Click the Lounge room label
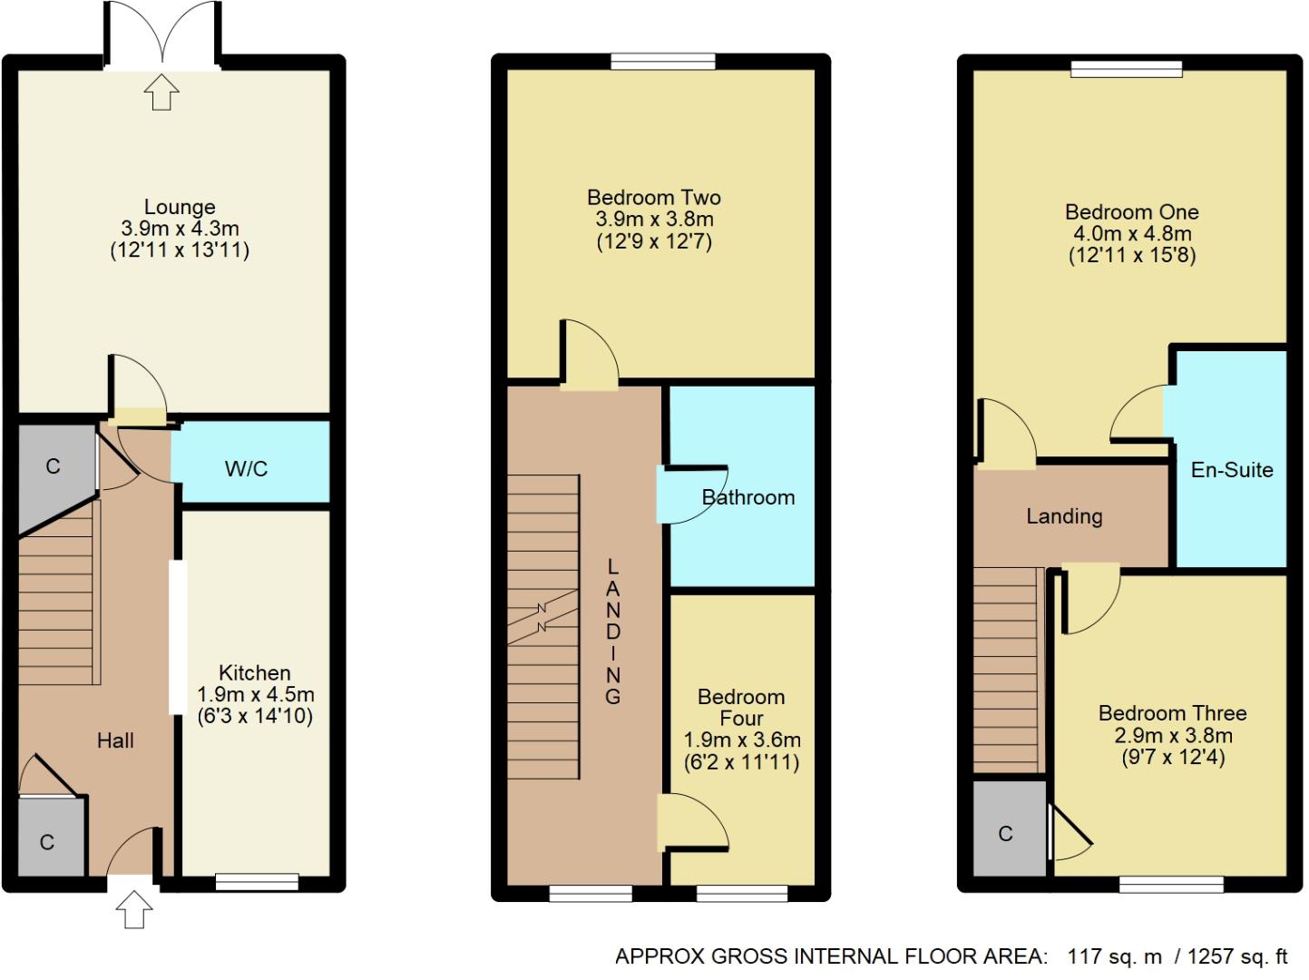click(180, 207)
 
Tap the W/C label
click(246, 469)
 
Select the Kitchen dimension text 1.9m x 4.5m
click(256, 694)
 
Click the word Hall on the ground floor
click(115, 740)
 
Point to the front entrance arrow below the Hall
click(134, 909)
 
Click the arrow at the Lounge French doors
click(161, 92)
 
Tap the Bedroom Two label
click(653, 197)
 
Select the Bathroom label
click(748, 497)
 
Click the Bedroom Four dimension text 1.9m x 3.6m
click(742, 740)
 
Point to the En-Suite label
click(1231, 470)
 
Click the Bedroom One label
click(1131, 211)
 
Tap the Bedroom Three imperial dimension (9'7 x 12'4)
click(1173, 757)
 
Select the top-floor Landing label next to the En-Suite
click(1064, 516)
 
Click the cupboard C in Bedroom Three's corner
click(1005, 834)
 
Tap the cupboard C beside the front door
click(47, 843)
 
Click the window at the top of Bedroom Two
click(663, 62)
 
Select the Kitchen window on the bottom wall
click(257, 881)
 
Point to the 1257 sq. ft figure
click(1237, 955)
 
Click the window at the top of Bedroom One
click(1127, 68)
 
